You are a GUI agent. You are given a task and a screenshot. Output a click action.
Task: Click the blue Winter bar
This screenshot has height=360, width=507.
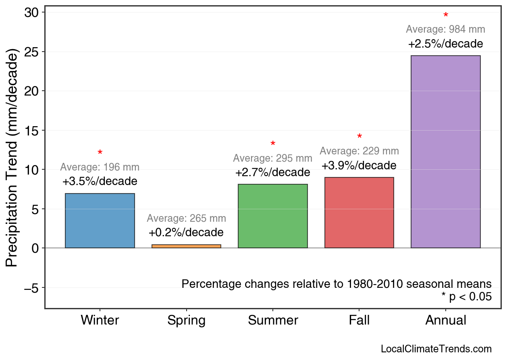[100, 221]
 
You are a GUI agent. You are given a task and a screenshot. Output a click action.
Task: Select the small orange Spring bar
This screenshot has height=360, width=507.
[186, 246]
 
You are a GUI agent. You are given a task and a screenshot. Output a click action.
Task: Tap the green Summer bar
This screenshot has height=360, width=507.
[273, 216]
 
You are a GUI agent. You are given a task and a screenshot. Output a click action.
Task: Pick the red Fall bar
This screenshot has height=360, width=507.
[359, 212]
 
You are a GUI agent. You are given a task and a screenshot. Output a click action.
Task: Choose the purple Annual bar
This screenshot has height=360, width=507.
[445, 152]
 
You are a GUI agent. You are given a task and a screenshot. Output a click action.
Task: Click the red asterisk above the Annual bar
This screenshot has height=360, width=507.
[446, 16]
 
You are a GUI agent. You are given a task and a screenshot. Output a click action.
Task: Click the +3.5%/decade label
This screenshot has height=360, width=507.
[100, 181]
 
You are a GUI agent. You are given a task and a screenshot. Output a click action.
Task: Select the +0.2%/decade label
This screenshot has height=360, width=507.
[186, 233]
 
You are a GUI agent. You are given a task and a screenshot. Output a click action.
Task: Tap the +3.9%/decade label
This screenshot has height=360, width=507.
[359, 166]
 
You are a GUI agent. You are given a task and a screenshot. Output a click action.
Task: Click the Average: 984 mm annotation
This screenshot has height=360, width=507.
[445, 29]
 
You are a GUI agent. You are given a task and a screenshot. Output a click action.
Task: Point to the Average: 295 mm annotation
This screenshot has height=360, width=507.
[272, 158]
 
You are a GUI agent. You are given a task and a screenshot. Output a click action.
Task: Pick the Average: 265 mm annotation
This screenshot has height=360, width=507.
[186, 218]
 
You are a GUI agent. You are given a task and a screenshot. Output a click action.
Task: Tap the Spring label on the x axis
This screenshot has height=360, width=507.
[186, 320]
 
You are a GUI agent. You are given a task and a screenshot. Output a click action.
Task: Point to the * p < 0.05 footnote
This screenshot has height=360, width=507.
[466, 297]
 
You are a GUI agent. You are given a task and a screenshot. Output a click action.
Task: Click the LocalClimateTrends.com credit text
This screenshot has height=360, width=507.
[436, 349]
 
